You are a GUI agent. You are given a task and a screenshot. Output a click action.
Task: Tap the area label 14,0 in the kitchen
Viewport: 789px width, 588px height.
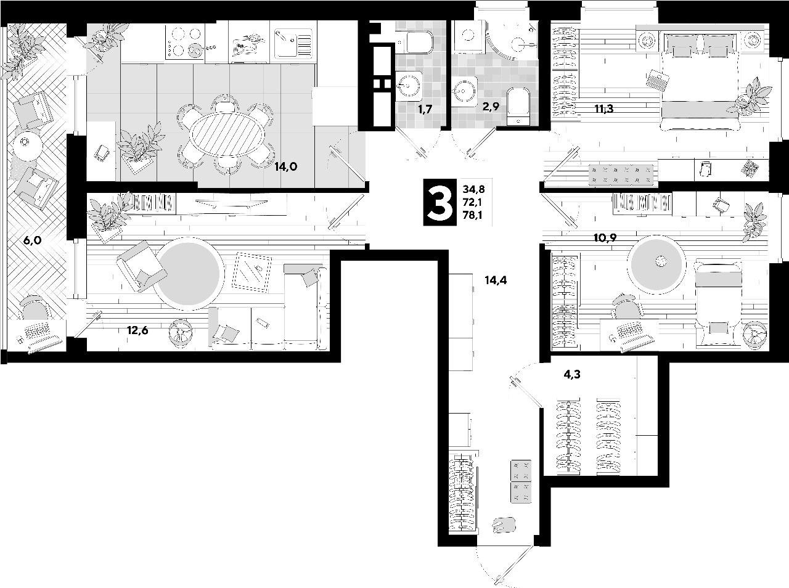click(287, 166)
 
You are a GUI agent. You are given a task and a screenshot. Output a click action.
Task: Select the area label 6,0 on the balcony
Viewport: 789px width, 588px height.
click(32, 240)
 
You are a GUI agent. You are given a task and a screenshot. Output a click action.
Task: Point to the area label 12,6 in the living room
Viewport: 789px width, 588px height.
click(138, 330)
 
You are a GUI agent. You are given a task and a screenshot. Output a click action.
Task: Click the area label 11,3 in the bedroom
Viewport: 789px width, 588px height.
click(605, 109)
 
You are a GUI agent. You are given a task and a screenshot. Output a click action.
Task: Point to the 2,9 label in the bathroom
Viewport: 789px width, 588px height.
click(491, 106)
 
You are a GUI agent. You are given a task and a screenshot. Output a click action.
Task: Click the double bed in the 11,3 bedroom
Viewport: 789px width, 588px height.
click(700, 80)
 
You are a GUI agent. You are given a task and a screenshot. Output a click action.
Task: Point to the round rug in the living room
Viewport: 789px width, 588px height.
click(188, 272)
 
